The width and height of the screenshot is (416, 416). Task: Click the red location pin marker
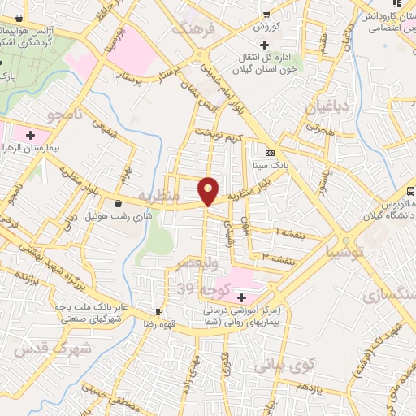pyautogui.click(x=209, y=191)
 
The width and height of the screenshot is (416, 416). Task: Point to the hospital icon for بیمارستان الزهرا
pyautogui.click(x=32, y=134)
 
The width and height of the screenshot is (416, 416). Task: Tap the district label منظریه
pyautogui.click(x=156, y=197)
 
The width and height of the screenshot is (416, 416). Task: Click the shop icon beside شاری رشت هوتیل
pyautogui.click(x=119, y=202)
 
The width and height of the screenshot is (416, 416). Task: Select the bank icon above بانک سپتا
pyautogui.click(x=271, y=152)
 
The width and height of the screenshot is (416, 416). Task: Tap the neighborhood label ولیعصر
pyautogui.click(x=196, y=265)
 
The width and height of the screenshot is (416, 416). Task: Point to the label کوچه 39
pyautogui.click(x=197, y=288)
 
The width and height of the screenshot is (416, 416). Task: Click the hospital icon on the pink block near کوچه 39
pyautogui.click(x=240, y=298)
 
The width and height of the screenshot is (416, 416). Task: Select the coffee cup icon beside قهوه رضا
pyautogui.click(x=159, y=312)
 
